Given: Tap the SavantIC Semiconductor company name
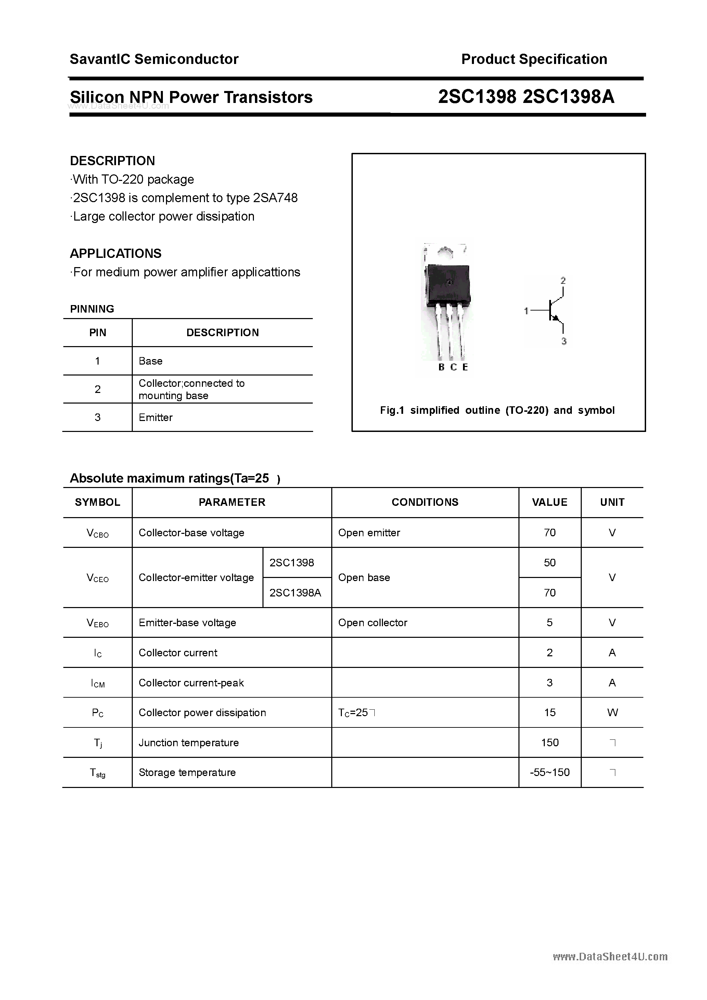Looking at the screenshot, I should click(x=154, y=59).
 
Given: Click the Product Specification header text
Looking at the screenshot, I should click(x=534, y=59).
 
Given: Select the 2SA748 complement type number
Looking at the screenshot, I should click(x=275, y=198).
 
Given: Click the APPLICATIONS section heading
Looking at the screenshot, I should click(x=116, y=253).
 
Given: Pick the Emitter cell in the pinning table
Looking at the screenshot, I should click(x=156, y=417).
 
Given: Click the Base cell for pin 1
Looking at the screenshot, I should click(x=150, y=361).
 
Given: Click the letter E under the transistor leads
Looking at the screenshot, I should click(x=465, y=367).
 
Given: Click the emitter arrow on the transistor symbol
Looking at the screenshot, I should click(x=555, y=319).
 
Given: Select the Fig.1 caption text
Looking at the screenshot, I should click(x=497, y=410).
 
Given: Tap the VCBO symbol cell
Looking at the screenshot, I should click(x=98, y=533).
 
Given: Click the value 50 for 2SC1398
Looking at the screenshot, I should click(x=550, y=563).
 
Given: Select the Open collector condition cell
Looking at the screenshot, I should click(x=373, y=623).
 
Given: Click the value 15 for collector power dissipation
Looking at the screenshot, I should click(x=550, y=712).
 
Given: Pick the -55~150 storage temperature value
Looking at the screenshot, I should click(x=550, y=772).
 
